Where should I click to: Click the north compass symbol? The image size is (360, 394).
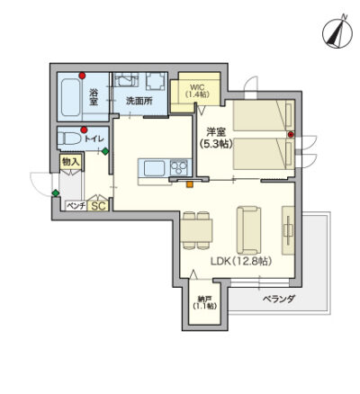[x=337, y=32]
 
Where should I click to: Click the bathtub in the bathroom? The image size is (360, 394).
[x=71, y=97]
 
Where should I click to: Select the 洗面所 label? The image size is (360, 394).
[x=139, y=101]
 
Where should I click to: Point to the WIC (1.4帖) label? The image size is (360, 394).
[x=197, y=91]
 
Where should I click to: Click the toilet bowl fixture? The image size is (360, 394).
[x=69, y=139]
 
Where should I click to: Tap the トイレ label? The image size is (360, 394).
[x=94, y=139]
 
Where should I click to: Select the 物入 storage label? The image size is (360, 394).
[x=71, y=162]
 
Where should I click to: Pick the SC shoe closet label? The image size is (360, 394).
[x=99, y=206]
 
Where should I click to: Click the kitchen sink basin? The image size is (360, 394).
[x=154, y=168]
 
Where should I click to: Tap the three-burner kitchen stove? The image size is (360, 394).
[x=179, y=168]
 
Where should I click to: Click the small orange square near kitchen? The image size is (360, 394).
[x=189, y=184]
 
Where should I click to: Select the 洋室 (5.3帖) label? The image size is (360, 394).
[x=216, y=139]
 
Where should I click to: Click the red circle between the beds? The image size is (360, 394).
[x=291, y=135]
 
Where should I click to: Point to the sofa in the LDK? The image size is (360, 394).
[x=248, y=230]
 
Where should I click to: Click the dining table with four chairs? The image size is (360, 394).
[x=196, y=230]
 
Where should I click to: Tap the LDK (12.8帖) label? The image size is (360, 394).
[x=241, y=262]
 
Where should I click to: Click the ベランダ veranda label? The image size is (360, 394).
[x=279, y=299]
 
